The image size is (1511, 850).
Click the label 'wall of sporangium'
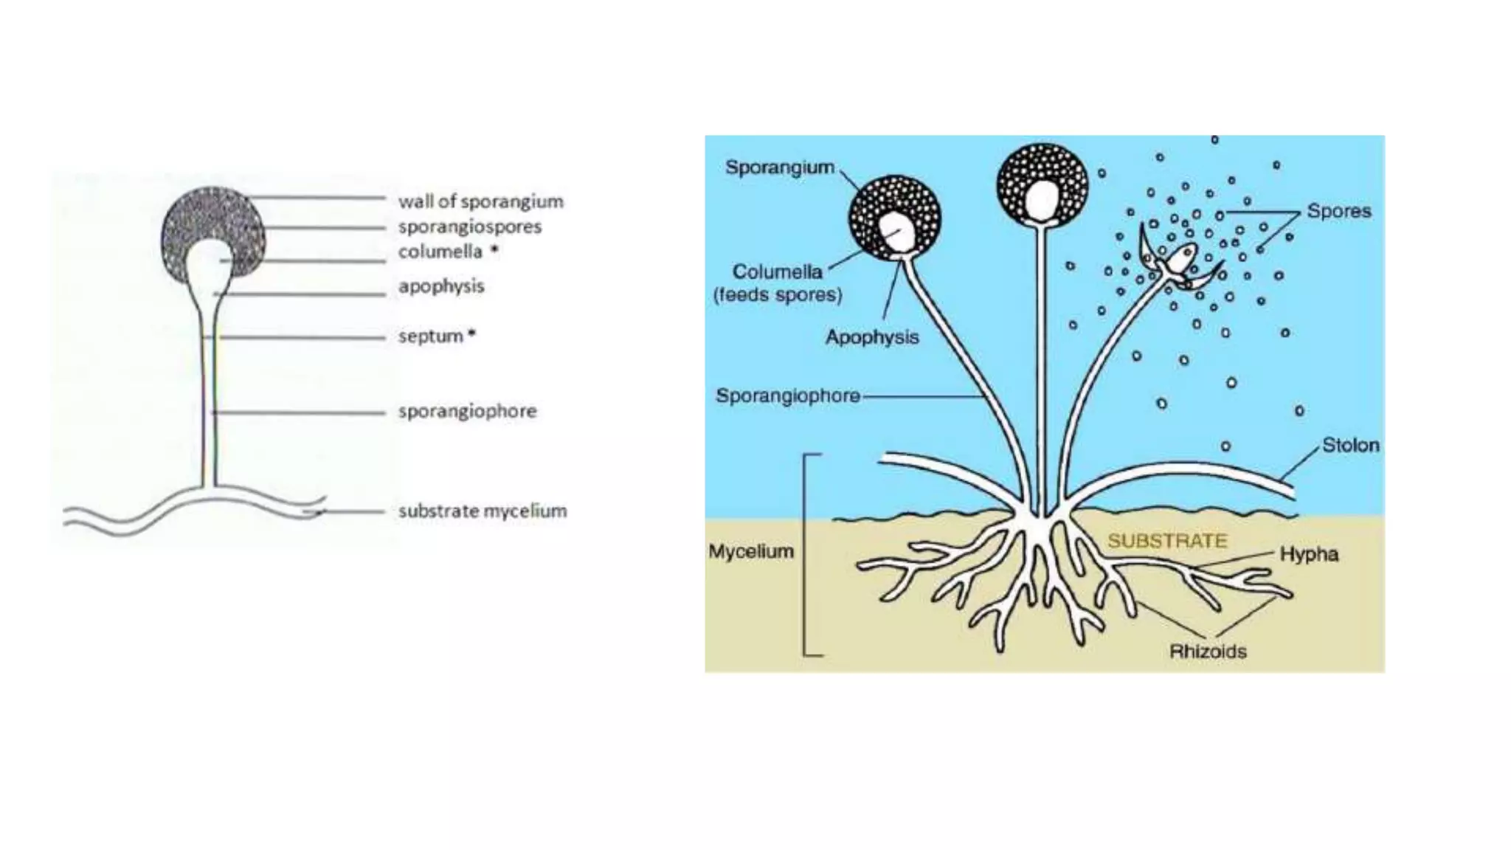pos(480,201)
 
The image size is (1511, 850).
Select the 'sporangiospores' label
pos(470,227)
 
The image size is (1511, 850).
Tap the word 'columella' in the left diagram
pos(440,252)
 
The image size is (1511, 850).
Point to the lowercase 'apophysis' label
pos(441,286)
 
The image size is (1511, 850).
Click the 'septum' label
pos(431,336)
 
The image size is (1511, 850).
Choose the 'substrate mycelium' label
pos(483,511)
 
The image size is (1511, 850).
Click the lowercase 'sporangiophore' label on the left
pos(468,411)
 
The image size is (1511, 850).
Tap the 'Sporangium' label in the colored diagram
pos(779,167)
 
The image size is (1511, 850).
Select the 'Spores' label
pos(1338,211)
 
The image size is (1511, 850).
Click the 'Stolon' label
pos(1350,445)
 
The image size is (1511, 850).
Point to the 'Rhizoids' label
pos(1208,652)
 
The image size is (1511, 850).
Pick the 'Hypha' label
pos(1309,554)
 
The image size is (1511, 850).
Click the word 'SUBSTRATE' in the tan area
pos(1167,541)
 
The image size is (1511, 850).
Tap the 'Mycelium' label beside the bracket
pos(750,551)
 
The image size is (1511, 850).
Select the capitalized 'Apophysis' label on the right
pos(871,337)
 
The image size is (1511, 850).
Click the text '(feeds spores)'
pos(777,295)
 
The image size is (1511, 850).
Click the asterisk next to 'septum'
pos(471,334)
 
